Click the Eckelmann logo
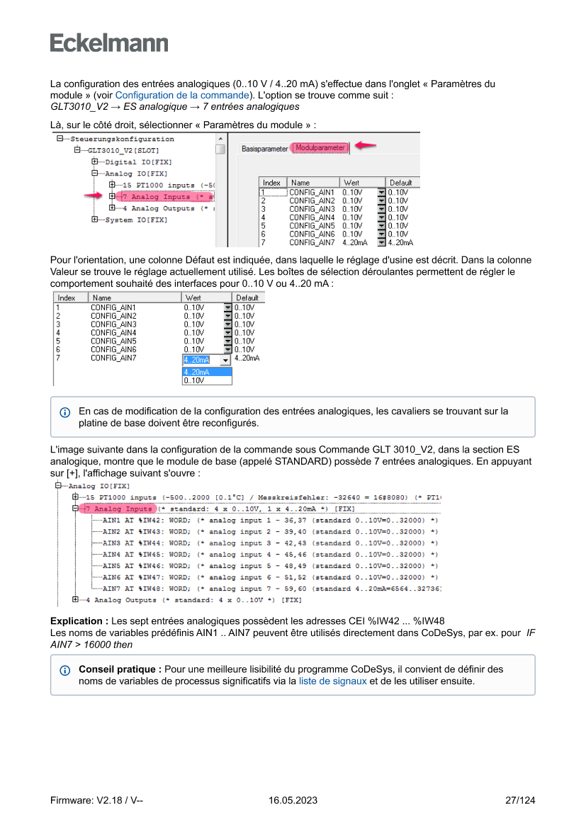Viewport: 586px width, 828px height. [x=109, y=43]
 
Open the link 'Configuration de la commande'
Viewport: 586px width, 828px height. [x=182, y=95]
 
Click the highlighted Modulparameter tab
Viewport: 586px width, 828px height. [x=320, y=148]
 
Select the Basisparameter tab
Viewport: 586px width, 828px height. [x=264, y=149]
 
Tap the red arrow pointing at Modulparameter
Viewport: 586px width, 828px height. [x=366, y=145]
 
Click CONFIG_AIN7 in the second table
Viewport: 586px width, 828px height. [x=113, y=358]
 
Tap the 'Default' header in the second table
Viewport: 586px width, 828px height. [x=247, y=298]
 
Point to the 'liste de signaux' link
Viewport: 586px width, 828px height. [x=332, y=681]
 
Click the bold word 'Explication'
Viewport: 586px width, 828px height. [x=79, y=621]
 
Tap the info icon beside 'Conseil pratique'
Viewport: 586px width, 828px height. [x=65, y=670]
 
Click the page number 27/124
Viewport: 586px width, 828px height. [x=520, y=800]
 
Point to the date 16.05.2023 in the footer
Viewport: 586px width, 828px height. [x=293, y=800]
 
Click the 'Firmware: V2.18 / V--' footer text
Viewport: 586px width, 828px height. [x=97, y=800]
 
